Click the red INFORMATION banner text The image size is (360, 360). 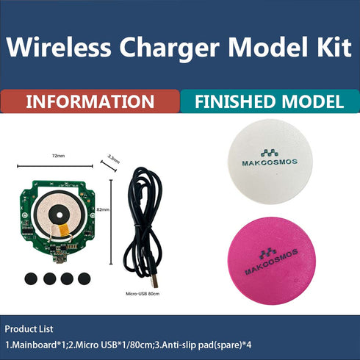point(90,101)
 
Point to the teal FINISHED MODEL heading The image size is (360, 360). point(269,101)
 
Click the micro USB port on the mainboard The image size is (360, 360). point(58,256)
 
